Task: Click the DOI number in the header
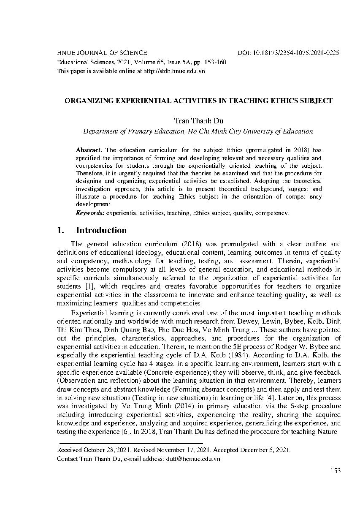coord(295,53)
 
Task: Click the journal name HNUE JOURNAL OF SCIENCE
coord(102,53)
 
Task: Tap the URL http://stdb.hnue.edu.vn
coord(174,71)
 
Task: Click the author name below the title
coord(198,121)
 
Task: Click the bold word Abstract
coord(89,150)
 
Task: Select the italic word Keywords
coord(90,213)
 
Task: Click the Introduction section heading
coord(101,230)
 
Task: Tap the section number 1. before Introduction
coord(61,230)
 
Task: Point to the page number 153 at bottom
coord(335,471)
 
